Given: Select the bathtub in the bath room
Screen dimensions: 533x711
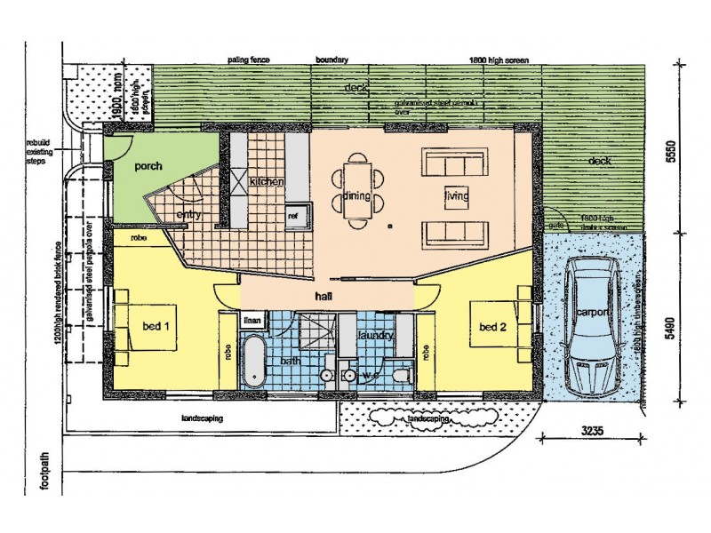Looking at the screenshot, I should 255,363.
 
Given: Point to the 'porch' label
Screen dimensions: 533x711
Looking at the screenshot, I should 148,166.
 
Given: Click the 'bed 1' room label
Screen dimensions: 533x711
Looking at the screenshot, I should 156,326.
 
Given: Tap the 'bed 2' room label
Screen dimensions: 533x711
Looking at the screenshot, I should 492,327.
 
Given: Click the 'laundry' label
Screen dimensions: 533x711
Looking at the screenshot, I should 375,337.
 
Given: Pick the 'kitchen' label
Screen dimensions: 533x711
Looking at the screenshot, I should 266,181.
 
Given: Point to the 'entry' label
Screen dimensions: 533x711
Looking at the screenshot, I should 188,214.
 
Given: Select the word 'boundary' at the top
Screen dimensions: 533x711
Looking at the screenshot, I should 332,60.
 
